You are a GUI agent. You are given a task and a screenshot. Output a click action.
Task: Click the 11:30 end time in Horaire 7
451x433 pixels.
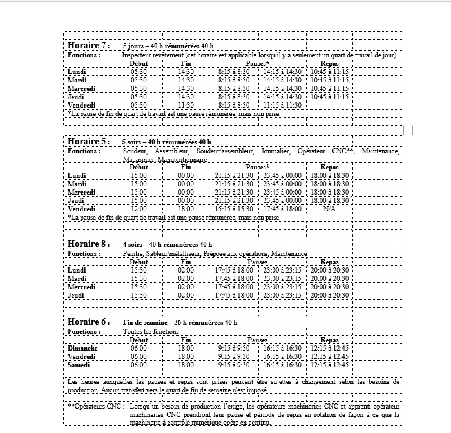(186, 105)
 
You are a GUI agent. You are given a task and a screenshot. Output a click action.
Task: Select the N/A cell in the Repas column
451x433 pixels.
(329, 209)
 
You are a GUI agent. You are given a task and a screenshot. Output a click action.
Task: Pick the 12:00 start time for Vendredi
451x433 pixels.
(139, 209)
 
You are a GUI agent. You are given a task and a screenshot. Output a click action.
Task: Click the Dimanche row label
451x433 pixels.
(82, 348)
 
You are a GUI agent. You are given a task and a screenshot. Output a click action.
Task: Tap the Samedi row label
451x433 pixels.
(81, 365)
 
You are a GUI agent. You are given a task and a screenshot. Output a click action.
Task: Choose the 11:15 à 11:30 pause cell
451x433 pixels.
(282, 105)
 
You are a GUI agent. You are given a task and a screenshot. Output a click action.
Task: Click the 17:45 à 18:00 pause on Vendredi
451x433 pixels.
(282, 209)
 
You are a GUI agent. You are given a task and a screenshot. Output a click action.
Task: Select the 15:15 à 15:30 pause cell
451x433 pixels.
(233, 209)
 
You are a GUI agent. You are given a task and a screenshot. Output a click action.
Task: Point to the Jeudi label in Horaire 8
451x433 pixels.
(77, 295)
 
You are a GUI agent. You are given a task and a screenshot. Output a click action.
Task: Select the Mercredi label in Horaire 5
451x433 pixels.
(81, 192)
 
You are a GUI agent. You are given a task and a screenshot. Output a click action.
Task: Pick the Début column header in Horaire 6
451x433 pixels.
(139, 340)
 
